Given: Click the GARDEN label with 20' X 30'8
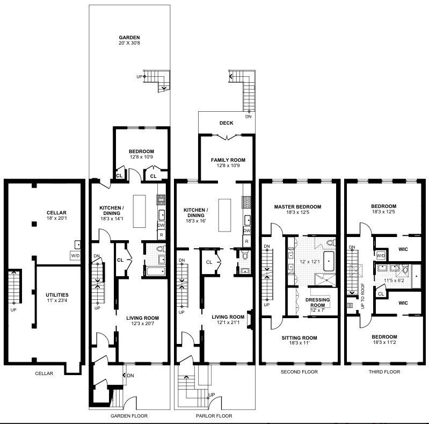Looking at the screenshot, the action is point(129,38).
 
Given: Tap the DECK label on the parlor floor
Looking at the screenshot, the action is point(226,123).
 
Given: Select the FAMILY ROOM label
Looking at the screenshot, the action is point(228,160).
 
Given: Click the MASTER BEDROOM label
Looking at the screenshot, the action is point(297,207).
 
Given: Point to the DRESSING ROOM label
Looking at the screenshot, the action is point(317,303).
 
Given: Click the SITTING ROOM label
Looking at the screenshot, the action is point(299,337).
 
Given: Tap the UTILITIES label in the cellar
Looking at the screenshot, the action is point(57,295).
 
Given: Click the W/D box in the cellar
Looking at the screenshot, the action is point(75,256).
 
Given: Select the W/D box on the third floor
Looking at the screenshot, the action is point(381,256).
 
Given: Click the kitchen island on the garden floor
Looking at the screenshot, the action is point(139,211).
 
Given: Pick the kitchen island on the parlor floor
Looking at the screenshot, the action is point(224,215).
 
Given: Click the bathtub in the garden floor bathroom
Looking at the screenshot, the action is point(156,271).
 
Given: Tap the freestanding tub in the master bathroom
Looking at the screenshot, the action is point(329,261).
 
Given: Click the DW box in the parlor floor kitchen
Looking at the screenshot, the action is point(247,231).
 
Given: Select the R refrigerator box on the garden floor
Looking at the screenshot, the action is point(162,235).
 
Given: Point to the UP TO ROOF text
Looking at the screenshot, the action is point(363,296).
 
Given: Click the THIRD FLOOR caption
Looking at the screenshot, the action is point(384,372).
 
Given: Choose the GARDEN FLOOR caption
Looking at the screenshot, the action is point(129,416).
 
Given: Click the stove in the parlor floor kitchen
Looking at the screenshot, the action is point(246,203).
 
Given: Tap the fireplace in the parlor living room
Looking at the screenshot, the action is point(250,319).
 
